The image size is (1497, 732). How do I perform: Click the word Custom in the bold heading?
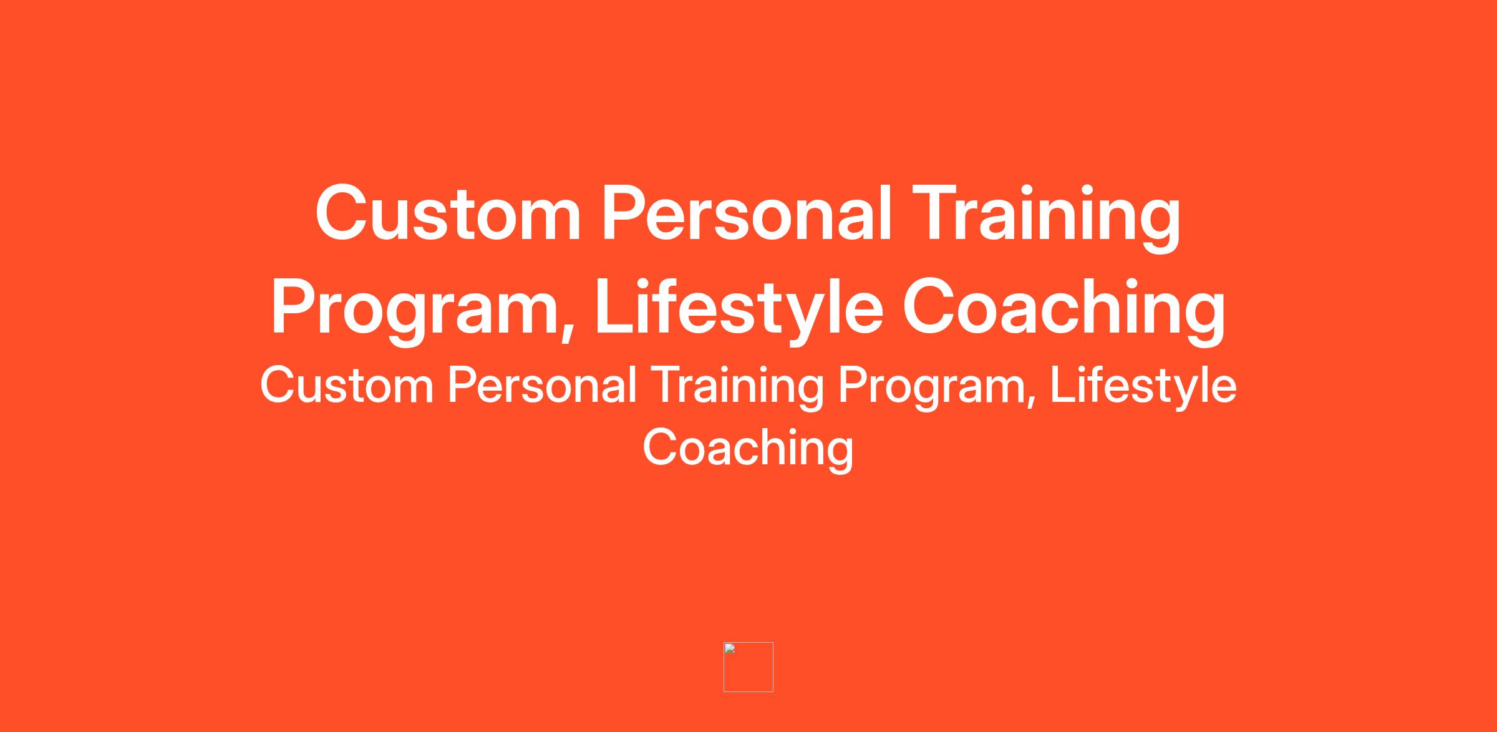448,213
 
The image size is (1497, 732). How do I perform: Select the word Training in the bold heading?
1046,218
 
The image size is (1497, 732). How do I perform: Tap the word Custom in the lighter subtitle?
347,386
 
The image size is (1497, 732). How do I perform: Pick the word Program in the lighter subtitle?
929,389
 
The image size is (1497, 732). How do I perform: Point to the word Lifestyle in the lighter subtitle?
1143,388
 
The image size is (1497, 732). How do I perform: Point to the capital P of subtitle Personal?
463,386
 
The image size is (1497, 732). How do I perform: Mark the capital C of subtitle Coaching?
660,447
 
